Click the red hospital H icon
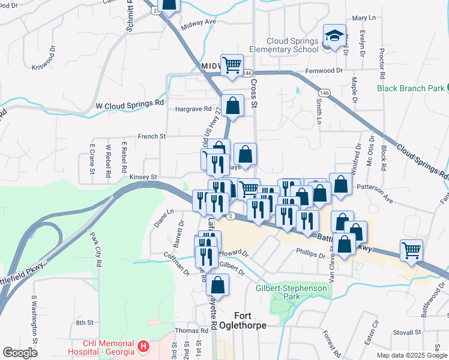(143, 346)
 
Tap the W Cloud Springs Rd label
(130, 104)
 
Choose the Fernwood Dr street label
(324, 70)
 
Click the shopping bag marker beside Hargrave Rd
(232, 106)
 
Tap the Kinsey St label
(143, 177)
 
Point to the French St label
(152, 136)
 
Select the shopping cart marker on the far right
(411, 251)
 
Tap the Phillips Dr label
(310, 254)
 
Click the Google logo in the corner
(20, 353)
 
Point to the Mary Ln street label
(363, 19)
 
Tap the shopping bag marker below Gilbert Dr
(218, 286)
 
